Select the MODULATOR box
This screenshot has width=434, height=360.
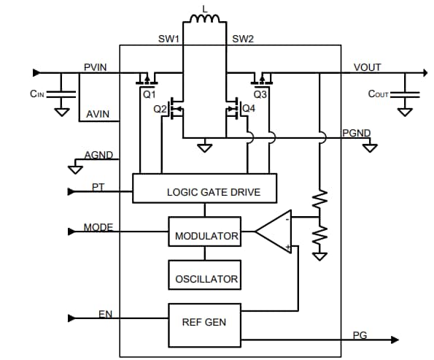206,236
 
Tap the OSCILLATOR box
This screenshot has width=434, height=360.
206,278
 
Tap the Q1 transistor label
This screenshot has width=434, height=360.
149,95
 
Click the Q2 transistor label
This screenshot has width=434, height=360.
160,110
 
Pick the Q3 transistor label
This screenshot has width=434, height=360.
260,95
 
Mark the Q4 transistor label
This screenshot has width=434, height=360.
249,109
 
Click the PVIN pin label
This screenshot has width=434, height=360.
96,67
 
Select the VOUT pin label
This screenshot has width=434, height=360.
367,67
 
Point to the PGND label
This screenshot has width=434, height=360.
356,133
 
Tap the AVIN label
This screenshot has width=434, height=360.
98,115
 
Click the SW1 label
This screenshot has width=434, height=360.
168,38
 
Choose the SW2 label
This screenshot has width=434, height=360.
243,38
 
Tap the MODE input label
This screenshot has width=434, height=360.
98,227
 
